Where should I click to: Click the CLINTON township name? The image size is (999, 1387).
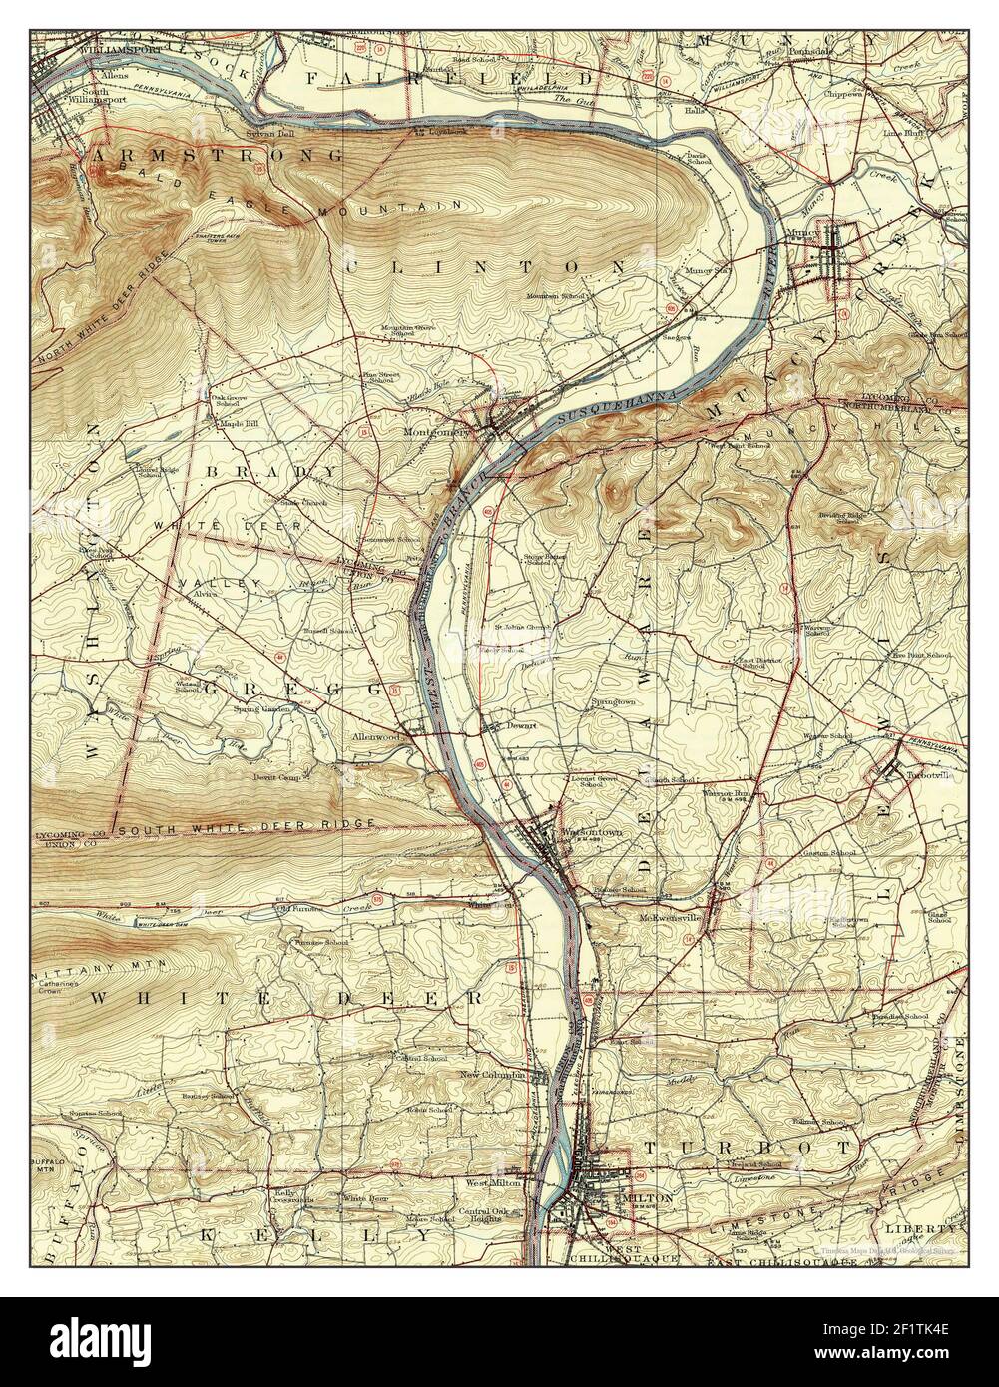(x=485, y=267)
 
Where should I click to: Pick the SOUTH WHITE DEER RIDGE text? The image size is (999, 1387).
(x=246, y=827)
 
